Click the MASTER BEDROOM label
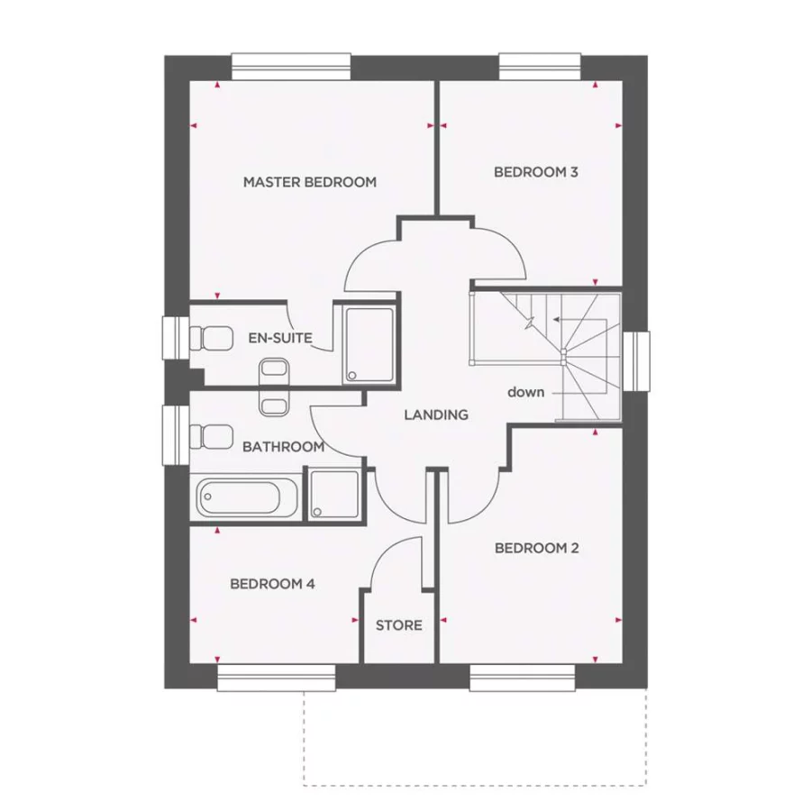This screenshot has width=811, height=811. (309, 182)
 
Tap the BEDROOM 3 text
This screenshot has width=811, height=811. (535, 171)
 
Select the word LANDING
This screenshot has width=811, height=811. (436, 415)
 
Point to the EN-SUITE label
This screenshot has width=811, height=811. (280, 339)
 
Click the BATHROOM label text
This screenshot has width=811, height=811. (283, 447)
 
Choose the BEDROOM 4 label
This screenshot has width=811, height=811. (272, 584)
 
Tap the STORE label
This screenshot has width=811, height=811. (398, 625)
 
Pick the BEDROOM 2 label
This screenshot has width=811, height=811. (536, 548)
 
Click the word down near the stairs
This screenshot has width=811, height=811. (525, 392)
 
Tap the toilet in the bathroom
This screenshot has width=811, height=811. (210, 438)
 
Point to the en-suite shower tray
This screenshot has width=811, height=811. (369, 345)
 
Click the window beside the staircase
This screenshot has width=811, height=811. (637, 360)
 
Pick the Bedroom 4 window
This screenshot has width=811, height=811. (276, 679)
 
